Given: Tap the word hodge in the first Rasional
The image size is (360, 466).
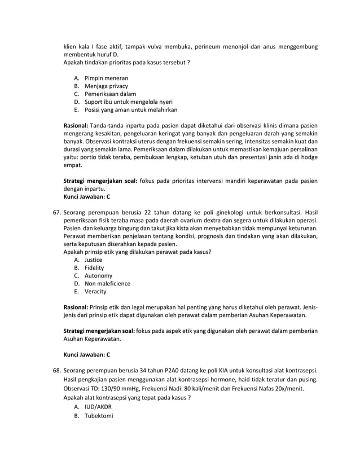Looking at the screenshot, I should click(x=309, y=157).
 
